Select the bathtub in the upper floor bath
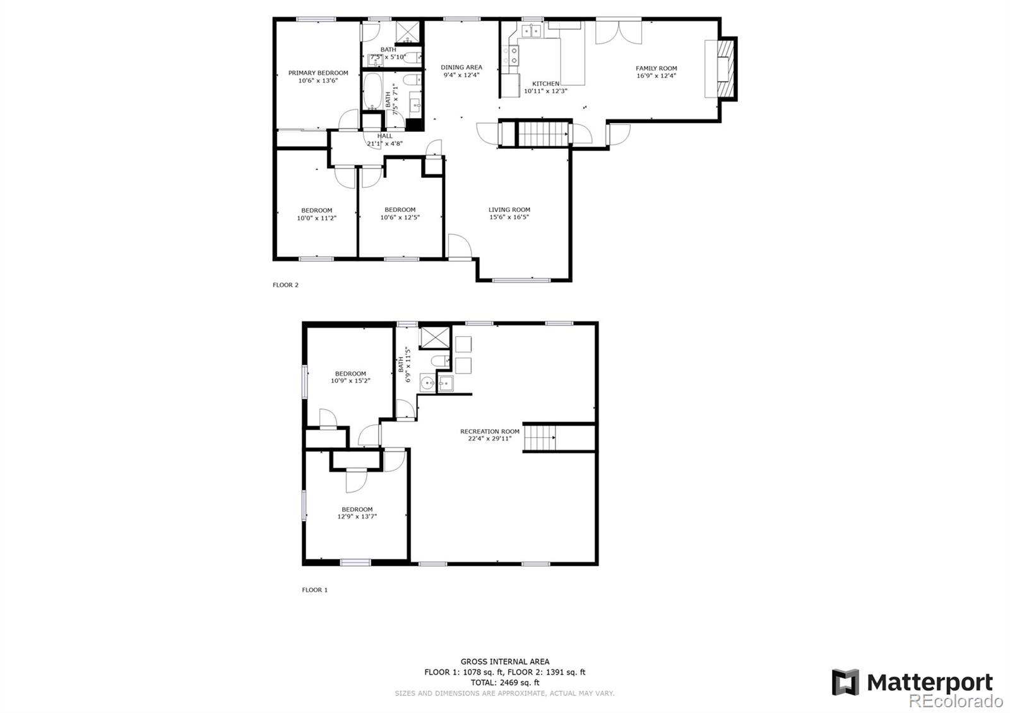372,91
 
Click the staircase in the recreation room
539,438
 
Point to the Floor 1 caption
315,590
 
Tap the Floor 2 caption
285,285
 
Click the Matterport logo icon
845,682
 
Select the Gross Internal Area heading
505,662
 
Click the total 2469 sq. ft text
505,682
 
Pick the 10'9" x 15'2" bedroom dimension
350,381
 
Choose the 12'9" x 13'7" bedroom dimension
357,517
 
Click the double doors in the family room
619,32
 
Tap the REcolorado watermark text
956,701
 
